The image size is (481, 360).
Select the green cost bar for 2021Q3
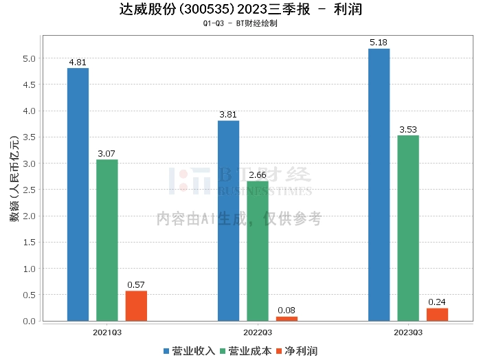coord(107,240)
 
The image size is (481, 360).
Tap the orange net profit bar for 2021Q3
coord(136,306)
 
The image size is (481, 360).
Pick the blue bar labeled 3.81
coord(228,221)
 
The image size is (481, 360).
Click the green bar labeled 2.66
coord(257,251)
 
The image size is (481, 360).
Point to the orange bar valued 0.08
coord(287,319)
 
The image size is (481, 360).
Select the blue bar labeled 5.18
coord(379,185)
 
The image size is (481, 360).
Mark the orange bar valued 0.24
coord(437,315)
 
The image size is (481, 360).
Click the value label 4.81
coord(78,63)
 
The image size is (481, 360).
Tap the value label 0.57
coord(136,285)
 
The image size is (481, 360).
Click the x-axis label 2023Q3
coord(408,332)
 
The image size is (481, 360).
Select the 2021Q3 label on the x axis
coord(107,332)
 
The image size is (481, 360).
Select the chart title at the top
coord(240,10)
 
